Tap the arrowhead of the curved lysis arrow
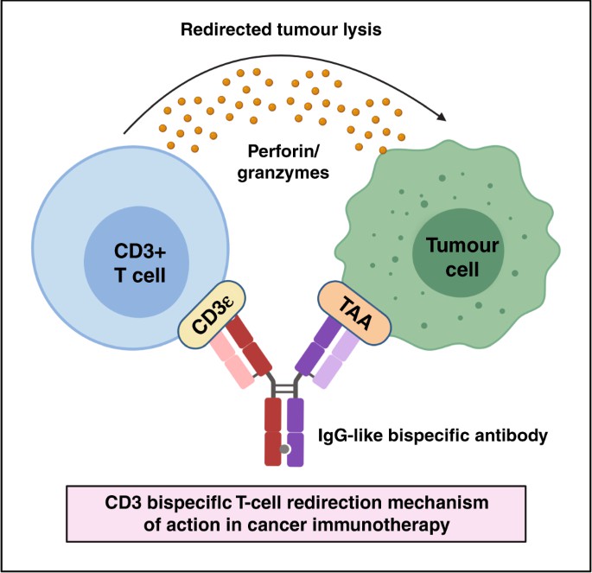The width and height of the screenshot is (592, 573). (x=445, y=117)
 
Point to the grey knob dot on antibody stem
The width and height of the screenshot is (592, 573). (x=284, y=449)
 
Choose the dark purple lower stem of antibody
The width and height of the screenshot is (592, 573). (x=296, y=432)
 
